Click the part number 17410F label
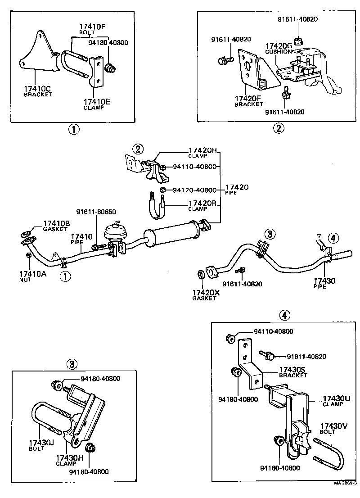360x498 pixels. click(x=92, y=27)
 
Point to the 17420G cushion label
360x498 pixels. click(x=279, y=46)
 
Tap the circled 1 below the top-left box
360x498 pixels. click(x=74, y=129)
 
